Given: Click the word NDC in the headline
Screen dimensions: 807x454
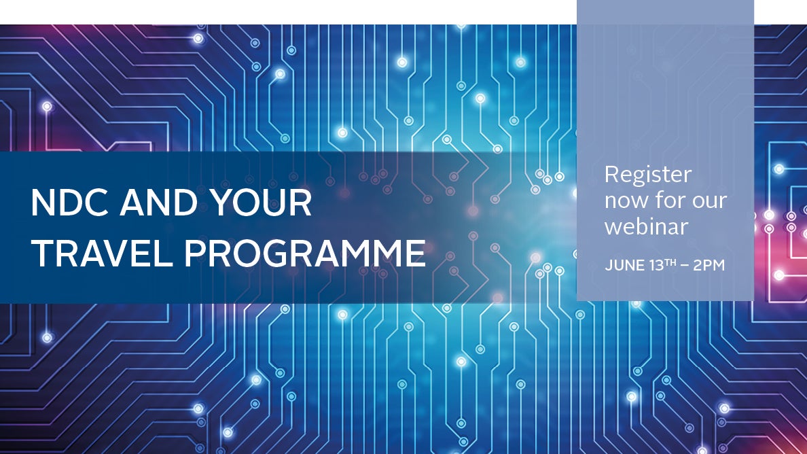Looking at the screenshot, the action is (69, 203).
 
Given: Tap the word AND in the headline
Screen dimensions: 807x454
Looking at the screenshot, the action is (159, 203).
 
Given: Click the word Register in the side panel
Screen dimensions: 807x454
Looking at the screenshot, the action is (648, 175).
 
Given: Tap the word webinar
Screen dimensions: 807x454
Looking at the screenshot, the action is (647, 226).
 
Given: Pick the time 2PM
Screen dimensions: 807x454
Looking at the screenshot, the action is (709, 266).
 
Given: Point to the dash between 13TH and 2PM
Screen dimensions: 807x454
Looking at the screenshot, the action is (685, 266).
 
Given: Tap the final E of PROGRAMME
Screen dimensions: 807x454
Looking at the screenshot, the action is (416, 254).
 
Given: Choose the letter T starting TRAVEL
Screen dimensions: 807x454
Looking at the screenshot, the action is (42, 254).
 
